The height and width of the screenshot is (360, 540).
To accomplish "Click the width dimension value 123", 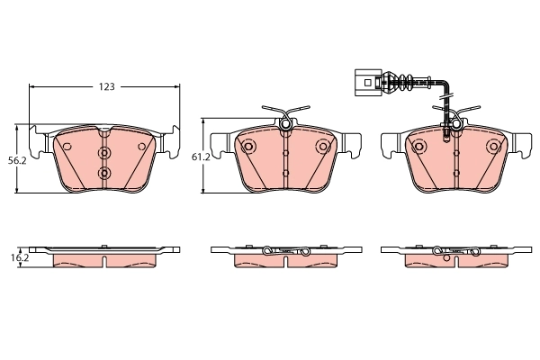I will [107, 87].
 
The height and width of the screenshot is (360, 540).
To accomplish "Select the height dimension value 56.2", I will [14, 159].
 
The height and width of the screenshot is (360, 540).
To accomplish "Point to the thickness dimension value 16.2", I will [14, 256].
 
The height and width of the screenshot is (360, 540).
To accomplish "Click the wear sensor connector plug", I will [364, 82].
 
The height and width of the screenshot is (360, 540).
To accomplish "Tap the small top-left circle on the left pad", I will [67, 146].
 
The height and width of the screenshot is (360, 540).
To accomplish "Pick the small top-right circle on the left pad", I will [140, 146].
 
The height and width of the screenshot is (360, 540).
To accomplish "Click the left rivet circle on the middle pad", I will [249, 146].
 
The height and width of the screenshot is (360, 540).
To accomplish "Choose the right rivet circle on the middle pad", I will [321, 146].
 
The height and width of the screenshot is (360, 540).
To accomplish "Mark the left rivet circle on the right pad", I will [419, 146].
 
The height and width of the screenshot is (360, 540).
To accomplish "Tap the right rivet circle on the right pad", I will [491, 146].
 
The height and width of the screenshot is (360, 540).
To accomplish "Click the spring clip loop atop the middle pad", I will [284, 121].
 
